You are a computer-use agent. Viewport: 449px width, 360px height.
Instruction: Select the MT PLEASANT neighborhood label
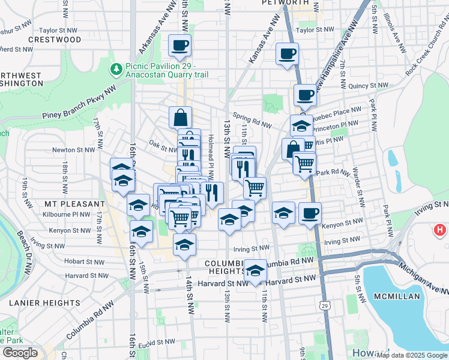pos(74,204)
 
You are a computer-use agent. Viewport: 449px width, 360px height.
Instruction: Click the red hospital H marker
pos(440,230)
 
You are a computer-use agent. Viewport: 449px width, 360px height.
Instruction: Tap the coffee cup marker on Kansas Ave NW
pos(287,54)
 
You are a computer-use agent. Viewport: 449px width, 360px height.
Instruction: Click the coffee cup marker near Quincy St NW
pos(306,95)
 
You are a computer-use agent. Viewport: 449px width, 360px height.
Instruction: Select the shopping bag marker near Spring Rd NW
pos(181,117)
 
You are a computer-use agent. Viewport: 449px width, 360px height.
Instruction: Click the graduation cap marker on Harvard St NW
pos(255,270)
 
